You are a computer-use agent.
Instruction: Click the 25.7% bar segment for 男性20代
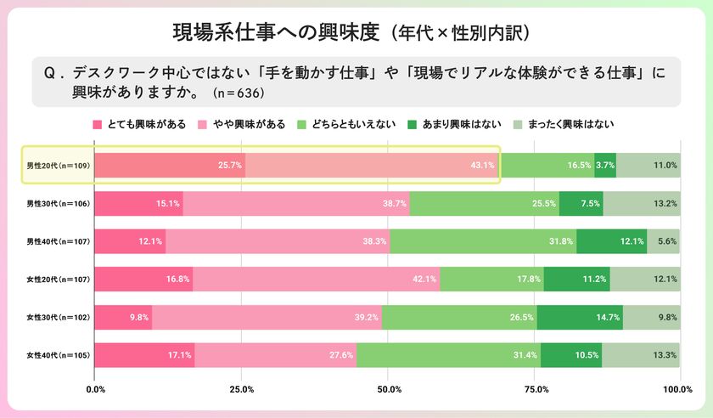click(169, 165)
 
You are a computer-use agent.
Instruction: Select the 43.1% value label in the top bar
click(482, 165)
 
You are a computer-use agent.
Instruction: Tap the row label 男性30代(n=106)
click(57, 204)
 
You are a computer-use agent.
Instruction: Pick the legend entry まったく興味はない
click(571, 124)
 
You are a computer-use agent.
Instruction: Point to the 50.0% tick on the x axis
click(388, 389)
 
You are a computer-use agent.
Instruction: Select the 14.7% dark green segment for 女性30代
click(580, 318)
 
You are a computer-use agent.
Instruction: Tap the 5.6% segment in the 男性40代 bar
click(663, 241)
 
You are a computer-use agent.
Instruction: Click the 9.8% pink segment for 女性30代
click(123, 318)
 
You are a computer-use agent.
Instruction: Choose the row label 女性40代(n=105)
click(57, 354)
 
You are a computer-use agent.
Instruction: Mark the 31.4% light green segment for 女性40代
click(448, 354)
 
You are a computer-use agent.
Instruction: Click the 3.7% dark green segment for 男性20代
click(605, 165)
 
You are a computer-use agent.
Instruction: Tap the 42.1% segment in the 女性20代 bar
click(316, 280)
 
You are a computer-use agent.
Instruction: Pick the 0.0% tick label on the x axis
click(95, 389)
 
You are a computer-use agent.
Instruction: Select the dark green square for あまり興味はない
click(413, 124)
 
